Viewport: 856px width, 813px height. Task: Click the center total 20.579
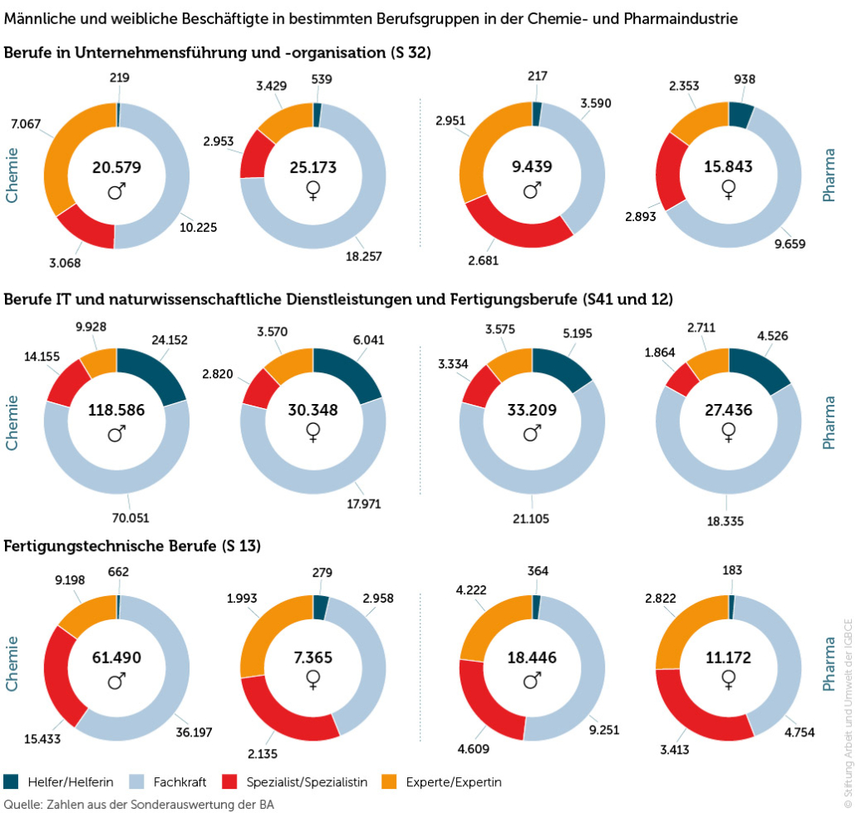point(116,167)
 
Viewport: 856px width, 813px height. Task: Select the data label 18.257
point(364,256)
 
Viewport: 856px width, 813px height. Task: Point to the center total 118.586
point(116,411)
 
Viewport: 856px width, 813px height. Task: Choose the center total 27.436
point(728,411)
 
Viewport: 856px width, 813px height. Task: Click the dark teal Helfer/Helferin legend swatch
point(11,781)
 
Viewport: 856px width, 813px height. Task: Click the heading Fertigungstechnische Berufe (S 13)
point(133,546)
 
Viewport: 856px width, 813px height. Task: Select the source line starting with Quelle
point(139,804)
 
